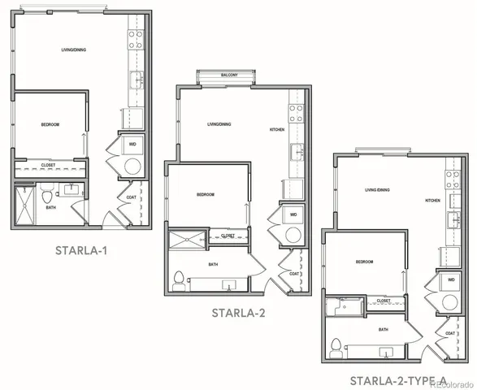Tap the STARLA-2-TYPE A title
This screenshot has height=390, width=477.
coord(398,380)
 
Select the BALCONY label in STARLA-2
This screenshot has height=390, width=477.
coord(229,76)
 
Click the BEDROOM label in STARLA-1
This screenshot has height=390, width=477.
coord(51,124)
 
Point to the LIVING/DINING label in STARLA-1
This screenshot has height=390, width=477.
coord(73,50)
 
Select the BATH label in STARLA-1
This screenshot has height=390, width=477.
coord(51,208)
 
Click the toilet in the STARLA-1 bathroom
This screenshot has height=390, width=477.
coord(47,197)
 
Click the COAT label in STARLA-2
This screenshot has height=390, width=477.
coord(294,273)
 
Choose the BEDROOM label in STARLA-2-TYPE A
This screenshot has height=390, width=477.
coord(365,262)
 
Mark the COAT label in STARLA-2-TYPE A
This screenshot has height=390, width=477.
coord(449,334)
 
